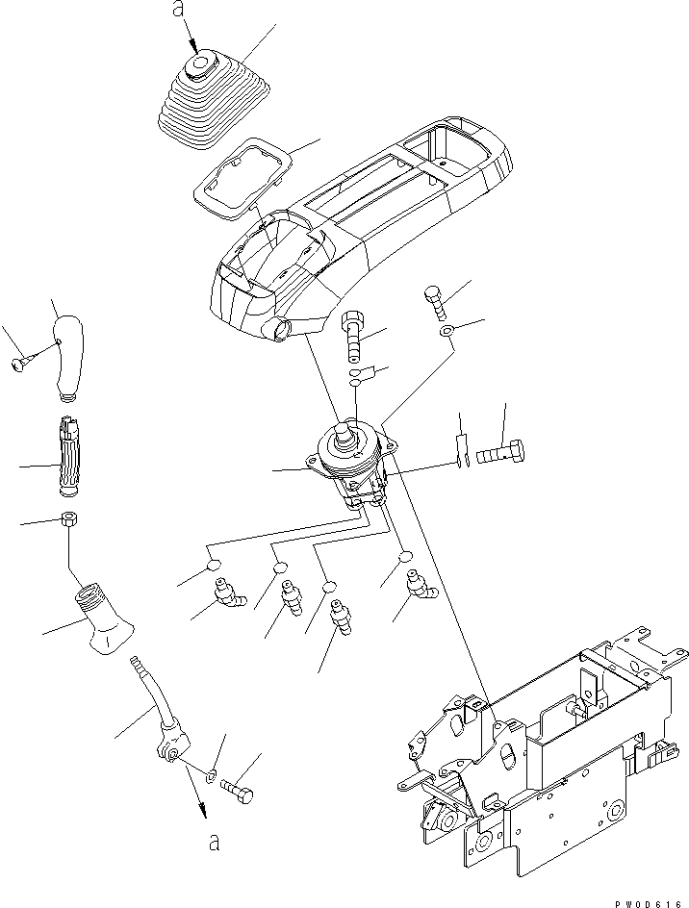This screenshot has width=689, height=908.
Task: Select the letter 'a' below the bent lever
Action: (x=214, y=843)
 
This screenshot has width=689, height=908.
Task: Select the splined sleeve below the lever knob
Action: (x=69, y=453)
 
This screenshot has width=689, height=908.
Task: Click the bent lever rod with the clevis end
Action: (x=161, y=713)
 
